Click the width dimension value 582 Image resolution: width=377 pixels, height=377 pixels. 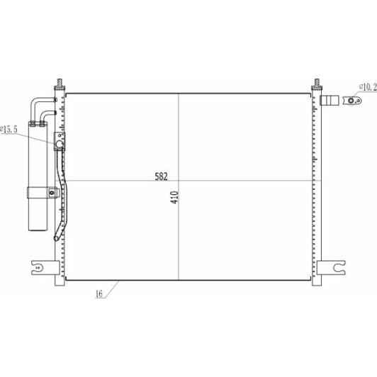coord(161,176)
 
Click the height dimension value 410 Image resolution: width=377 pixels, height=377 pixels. coord(175,198)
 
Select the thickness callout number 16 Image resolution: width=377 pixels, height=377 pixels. coord(99,293)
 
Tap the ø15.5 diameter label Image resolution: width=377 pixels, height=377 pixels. coord(9,130)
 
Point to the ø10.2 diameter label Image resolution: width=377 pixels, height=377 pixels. coord(368,87)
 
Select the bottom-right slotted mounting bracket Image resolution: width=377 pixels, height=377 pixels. coord(332,268)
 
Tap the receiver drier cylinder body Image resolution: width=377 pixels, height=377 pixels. coord(38,176)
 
